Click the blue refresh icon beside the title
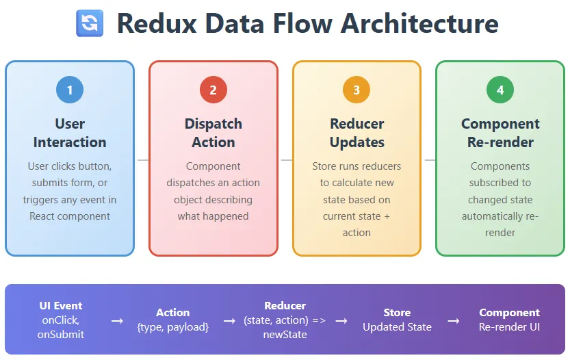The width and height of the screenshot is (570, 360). [x=89, y=23]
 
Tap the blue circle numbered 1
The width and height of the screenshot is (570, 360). [x=70, y=90]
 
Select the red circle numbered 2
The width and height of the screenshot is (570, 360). [x=213, y=90]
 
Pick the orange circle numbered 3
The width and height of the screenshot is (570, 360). [x=357, y=90]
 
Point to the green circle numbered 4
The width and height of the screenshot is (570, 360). [x=500, y=90]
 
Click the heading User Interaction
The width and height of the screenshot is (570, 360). [x=70, y=133]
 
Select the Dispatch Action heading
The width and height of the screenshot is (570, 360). [x=213, y=133]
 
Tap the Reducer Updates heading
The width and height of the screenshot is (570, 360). [x=357, y=133]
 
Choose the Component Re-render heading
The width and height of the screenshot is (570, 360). [x=500, y=133]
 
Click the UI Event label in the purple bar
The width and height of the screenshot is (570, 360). [x=61, y=306]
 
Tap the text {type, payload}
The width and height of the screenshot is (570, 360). [x=172, y=326]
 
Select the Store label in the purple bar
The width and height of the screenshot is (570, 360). [x=397, y=312]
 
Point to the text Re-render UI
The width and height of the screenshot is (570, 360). [x=509, y=326]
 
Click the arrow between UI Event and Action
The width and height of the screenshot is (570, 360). [x=117, y=320]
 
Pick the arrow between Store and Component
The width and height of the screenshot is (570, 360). [x=453, y=320]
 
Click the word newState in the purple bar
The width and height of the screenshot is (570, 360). [x=285, y=334]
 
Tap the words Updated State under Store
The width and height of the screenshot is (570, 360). [x=397, y=326]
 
